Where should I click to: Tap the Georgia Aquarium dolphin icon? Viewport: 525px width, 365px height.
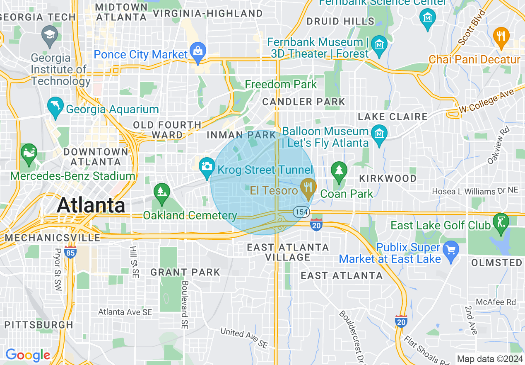click(x=55, y=107)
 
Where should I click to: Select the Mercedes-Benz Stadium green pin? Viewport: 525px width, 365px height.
click(x=29, y=153)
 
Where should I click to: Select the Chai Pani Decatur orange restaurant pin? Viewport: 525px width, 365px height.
click(x=501, y=37)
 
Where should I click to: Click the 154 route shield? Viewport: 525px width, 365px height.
click(x=301, y=212)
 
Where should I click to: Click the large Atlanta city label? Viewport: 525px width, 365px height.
click(x=91, y=205)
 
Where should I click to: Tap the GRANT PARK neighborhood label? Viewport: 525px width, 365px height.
click(x=185, y=273)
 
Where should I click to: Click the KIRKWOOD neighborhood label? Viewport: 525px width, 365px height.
click(x=388, y=178)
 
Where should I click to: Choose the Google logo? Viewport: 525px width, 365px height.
click(x=28, y=355)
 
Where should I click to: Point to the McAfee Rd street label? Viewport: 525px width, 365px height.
click(x=496, y=302)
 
